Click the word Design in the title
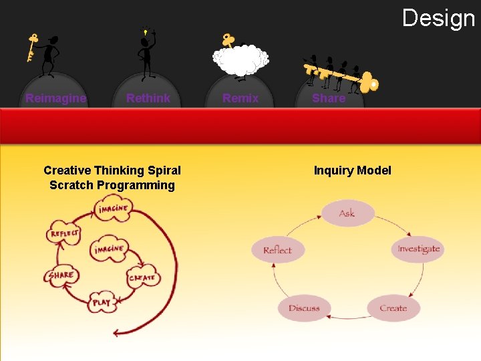(x=439, y=18)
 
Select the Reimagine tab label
(x=56, y=98)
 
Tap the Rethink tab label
(x=148, y=98)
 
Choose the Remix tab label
(x=240, y=98)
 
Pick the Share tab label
(x=329, y=98)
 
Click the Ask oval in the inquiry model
(x=347, y=213)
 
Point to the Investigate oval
(x=418, y=249)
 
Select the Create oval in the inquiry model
(x=393, y=308)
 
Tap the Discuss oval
(x=304, y=308)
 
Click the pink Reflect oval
(x=277, y=250)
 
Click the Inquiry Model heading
(x=352, y=170)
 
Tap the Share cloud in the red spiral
(x=61, y=275)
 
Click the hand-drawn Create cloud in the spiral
(x=142, y=277)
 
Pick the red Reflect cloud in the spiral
(x=64, y=233)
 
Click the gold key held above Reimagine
(x=31, y=47)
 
